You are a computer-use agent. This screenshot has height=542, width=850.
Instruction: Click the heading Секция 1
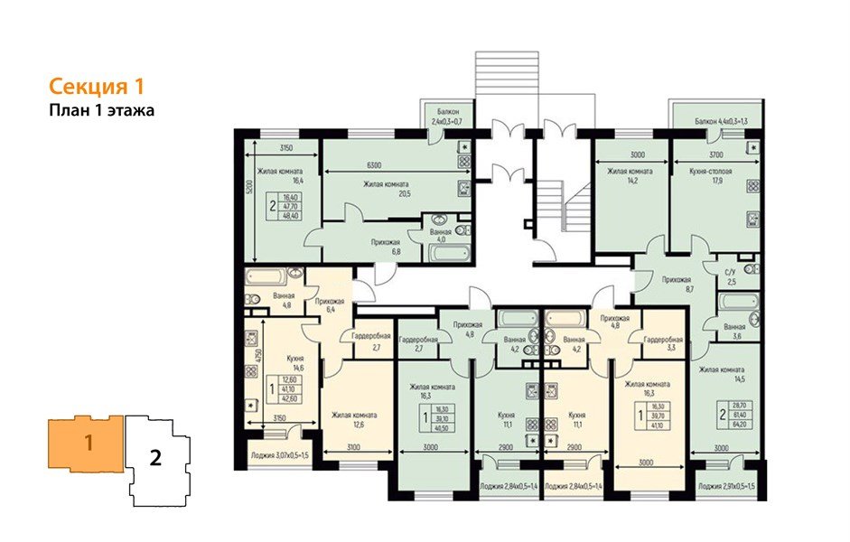tap(96, 88)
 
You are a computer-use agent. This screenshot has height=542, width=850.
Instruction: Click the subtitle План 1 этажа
tap(102, 111)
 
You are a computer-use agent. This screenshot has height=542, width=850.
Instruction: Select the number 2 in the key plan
tap(155, 457)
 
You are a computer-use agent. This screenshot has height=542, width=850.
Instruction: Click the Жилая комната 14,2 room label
tap(630, 175)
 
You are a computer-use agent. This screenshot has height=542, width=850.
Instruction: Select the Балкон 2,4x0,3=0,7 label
tap(446, 115)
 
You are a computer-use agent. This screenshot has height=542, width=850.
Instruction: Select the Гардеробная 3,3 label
tap(662, 342)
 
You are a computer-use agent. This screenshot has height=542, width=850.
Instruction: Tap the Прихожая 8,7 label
tap(677, 285)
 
